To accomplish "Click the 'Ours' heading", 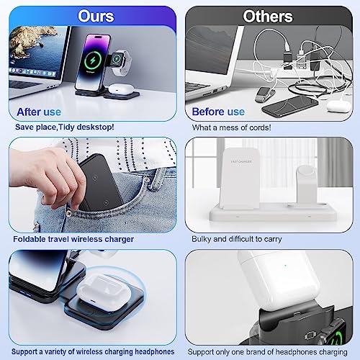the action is tap(96, 17).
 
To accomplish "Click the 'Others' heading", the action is tap(268, 17).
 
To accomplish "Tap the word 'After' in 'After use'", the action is tap(29, 112).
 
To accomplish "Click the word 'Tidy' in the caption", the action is tap(66, 127).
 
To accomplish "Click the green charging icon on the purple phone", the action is tap(93, 60).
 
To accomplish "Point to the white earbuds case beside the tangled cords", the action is tap(339, 106).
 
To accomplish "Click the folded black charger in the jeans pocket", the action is tap(101, 182).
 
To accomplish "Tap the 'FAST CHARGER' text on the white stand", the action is tap(241, 161).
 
